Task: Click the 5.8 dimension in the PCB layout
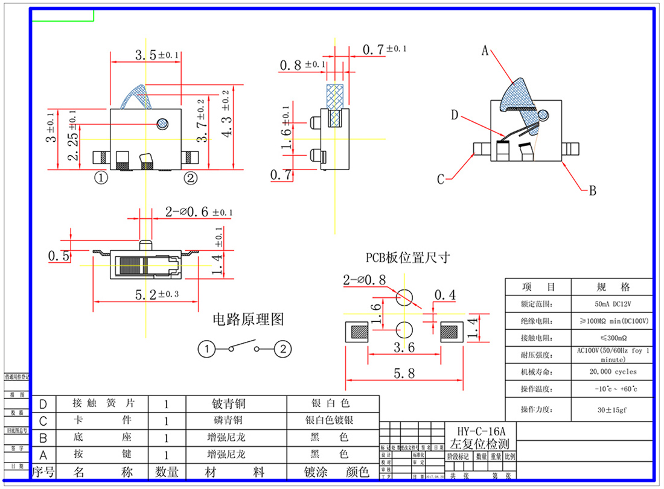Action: pos(404,374)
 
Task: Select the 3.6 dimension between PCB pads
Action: pos(404,347)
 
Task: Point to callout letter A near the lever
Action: pos(484,52)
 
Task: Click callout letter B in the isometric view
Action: pos(592,191)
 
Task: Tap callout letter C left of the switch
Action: pos(441,179)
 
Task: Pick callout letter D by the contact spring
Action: pos(455,115)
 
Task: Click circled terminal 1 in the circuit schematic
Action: pos(207,349)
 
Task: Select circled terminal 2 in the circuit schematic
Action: pos(283,349)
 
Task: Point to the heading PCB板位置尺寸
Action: pos(407,257)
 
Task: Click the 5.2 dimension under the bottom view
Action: pos(145,295)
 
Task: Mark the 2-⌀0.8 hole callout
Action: pos(364,280)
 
